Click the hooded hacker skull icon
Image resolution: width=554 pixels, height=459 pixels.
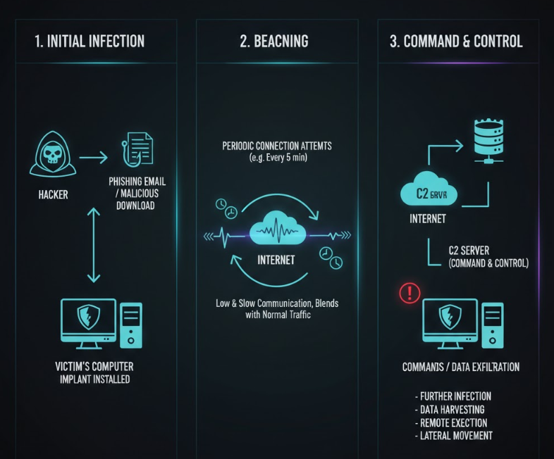point(52,156)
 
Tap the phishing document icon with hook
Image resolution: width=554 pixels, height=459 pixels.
point(138,148)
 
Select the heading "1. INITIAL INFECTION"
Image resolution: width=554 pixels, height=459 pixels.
point(90,41)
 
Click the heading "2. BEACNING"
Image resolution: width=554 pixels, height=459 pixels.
point(273,41)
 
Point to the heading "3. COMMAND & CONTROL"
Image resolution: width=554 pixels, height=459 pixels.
point(456,41)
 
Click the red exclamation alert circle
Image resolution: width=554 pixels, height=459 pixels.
point(410,292)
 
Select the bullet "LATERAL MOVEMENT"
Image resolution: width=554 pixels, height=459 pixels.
point(454,435)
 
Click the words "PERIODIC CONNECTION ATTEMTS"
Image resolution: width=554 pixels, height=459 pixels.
point(277,146)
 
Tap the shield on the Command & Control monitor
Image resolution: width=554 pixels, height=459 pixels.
point(449,317)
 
